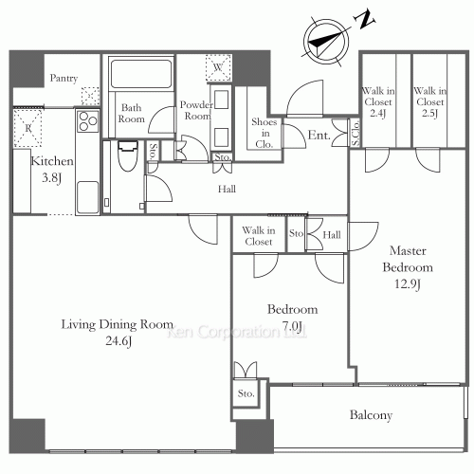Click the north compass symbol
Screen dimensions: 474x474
click(326, 42)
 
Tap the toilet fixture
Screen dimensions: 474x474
click(128, 155)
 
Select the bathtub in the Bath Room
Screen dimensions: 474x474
click(141, 74)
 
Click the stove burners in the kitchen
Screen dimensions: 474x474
click(88, 121)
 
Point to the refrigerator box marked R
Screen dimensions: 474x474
click(27, 128)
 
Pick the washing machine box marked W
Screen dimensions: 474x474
click(218, 67)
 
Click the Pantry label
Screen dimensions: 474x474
click(64, 78)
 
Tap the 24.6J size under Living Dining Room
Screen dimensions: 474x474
click(118, 341)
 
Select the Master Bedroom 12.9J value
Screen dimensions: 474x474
click(408, 283)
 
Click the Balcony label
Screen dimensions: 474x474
click(371, 415)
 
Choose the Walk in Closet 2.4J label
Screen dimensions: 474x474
click(378, 101)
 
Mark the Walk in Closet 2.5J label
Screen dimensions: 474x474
click(430, 101)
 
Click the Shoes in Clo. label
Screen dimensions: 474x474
click(264, 133)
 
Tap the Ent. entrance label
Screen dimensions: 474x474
click(319, 136)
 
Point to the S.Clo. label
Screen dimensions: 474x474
click(355, 133)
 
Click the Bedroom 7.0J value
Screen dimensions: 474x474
click(292, 326)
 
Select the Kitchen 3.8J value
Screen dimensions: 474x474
click(51, 178)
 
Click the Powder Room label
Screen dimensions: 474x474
click(196, 110)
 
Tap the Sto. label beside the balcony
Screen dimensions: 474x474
click(246, 393)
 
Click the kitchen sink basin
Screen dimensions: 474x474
click(87, 196)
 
